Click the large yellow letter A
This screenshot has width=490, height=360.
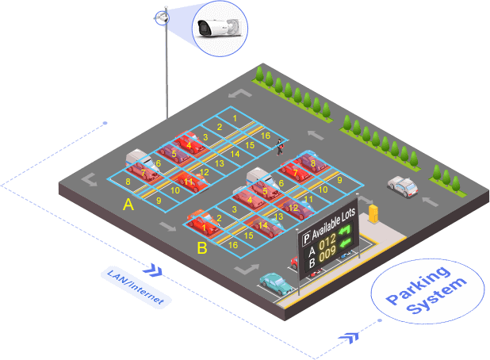(128, 205)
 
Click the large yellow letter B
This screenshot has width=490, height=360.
(201, 249)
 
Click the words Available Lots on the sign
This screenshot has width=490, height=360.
(335, 225)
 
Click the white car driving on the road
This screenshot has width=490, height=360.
(403, 186)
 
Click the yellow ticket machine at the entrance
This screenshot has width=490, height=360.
(373, 213)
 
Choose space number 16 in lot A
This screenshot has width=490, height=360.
(266, 136)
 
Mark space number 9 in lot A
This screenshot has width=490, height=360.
(158, 200)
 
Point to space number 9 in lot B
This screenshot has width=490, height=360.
(339, 180)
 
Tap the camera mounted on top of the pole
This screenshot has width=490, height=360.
(162, 15)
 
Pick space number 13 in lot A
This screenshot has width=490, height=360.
(219, 163)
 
